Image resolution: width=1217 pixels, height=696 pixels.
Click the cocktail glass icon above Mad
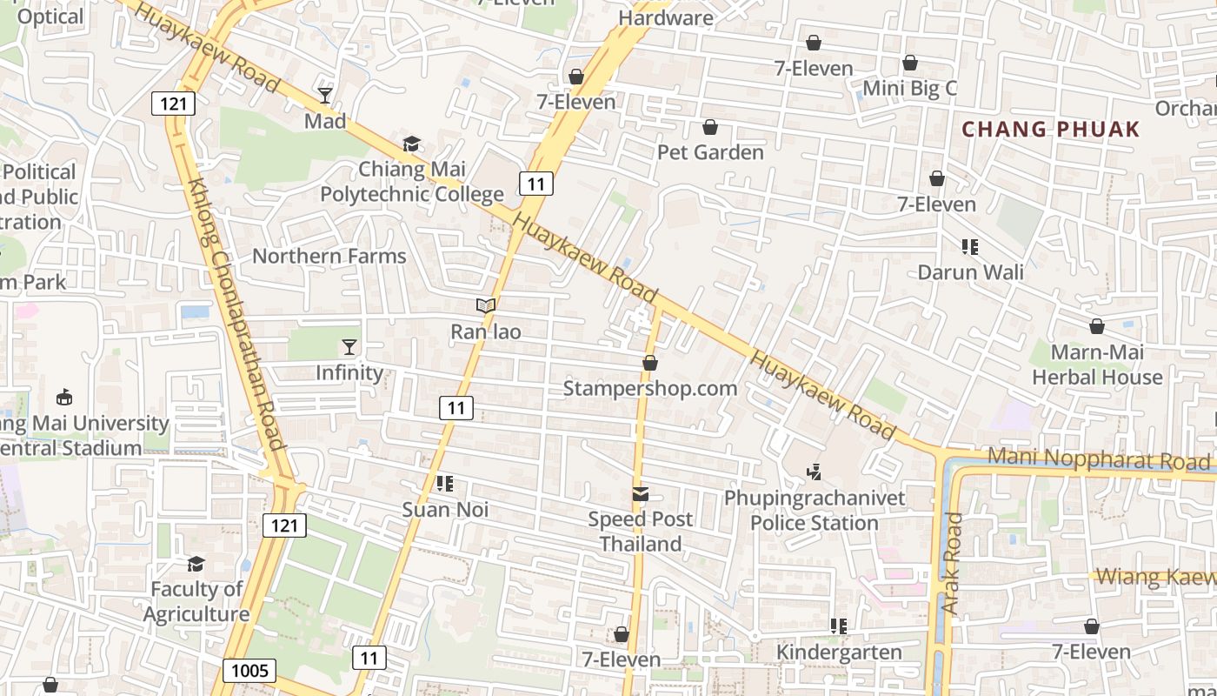tap(325, 95)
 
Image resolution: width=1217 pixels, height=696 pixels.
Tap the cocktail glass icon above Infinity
tap(349, 347)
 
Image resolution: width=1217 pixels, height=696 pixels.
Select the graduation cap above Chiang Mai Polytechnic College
tap(411, 144)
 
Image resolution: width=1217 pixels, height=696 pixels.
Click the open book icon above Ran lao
tap(486, 305)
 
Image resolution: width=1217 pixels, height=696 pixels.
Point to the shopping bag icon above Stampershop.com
tap(649, 363)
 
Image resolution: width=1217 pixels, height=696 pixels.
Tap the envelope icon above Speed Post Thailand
tap(641, 494)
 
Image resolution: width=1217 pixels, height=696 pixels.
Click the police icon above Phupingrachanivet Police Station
tap(815, 472)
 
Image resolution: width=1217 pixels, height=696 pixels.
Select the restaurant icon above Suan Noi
tap(445, 484)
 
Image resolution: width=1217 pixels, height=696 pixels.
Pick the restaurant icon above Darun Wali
tap(970, 247)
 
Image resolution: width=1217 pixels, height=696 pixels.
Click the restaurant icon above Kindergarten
tap(839, 626)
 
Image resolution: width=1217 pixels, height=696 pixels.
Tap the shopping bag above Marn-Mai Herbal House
tap(1097, 326)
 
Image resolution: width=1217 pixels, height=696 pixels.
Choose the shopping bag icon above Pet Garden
tap(710, 127)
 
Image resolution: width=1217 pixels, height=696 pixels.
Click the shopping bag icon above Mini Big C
tap(910, 63)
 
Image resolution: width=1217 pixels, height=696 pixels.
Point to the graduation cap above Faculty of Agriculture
tap(196, 564)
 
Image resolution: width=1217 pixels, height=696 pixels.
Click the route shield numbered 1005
tap(249, 671)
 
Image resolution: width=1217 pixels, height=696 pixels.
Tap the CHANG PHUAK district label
tap(1050, 130)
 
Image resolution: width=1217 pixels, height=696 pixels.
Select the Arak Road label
tap(954, 563)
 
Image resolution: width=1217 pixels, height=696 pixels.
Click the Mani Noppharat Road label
tap(1100, 459)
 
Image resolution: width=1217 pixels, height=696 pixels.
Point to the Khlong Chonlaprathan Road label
tap(236, 315)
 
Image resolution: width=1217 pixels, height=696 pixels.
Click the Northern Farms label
tap(329, 256)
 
